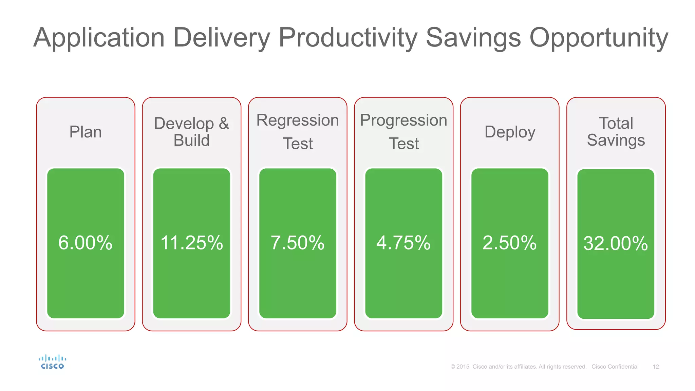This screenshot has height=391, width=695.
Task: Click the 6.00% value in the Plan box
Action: [85, 243]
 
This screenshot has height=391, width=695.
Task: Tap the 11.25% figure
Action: [191, 243]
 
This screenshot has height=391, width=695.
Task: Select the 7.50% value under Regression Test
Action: [297, 243]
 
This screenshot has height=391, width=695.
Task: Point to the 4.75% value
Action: [403, 243]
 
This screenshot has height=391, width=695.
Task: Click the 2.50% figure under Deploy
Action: [509, 243]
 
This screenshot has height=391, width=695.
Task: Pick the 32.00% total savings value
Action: [616, 244]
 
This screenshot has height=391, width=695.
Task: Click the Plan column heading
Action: [86, 132]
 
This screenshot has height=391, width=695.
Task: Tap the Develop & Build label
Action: [191, 132]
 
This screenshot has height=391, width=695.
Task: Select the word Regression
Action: [298, 120]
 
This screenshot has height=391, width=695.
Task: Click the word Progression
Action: [403, 120]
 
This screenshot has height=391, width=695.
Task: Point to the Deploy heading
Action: [510, 132]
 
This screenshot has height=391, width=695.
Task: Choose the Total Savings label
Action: [616, 132]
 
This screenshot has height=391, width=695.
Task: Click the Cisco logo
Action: [52, 362]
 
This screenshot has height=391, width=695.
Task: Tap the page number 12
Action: [656, 367]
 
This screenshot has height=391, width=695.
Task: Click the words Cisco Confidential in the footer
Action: [615, 367]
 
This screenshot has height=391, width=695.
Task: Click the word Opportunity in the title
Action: [599, 38]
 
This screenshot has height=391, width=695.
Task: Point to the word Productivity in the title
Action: [348, 38]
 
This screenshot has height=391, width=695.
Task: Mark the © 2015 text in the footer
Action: [460, 367]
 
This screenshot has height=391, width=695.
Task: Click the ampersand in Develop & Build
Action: [224, 123]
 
